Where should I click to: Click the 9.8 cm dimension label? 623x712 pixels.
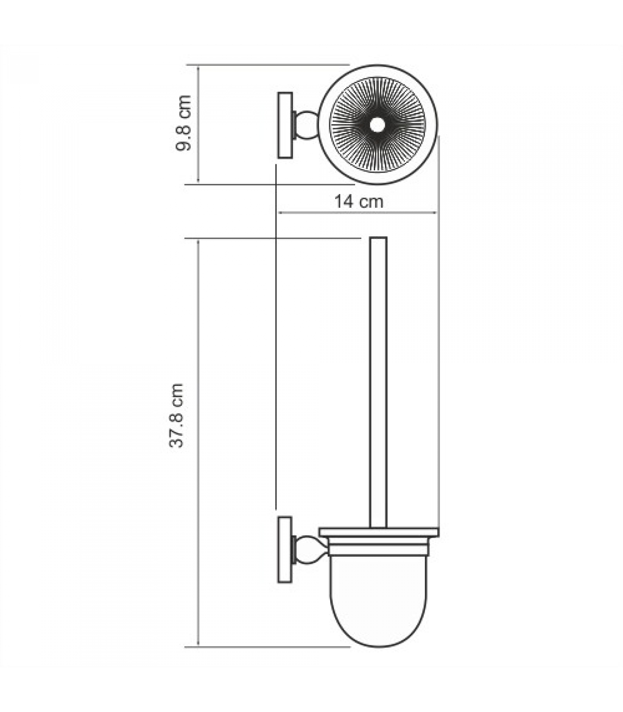[x=184, y=123]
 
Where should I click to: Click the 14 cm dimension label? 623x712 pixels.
[x=359, y=202]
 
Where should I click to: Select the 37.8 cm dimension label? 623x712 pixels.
[x=176, y=415]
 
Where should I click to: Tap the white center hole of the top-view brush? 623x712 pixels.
[x=377, y=125]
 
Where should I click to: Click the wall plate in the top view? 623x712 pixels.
[x=285, y=125]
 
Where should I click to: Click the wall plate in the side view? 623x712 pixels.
[x=285, y=550]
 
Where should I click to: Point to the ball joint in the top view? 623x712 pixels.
[x=307, y=125]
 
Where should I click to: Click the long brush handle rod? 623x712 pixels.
[x=378, y=383]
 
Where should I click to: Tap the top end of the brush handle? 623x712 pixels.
[x=378, y=239]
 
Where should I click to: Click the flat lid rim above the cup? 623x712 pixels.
[x=379, y=532]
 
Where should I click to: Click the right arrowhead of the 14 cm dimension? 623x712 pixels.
[x=436, y=213]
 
